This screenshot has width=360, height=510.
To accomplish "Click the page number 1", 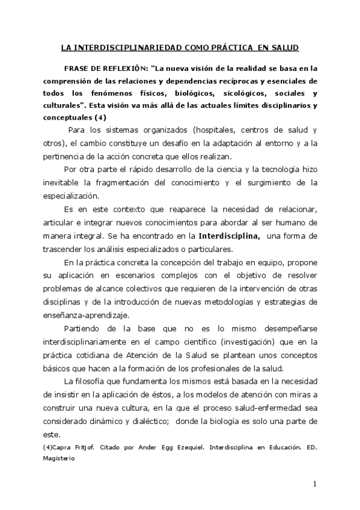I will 314,484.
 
